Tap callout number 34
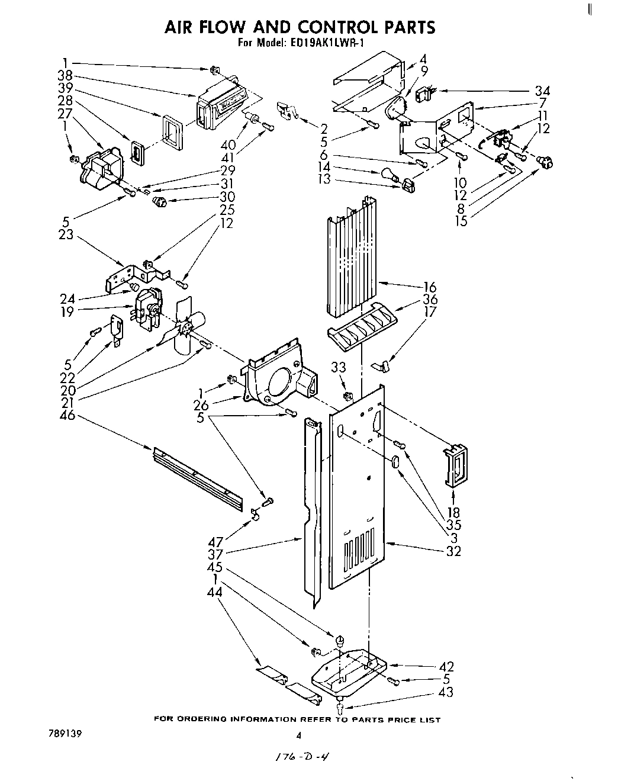coord(542,91)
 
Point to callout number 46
coord(67,415)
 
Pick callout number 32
coord(453,551)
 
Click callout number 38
coord(66,75)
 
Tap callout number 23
coord(66,234)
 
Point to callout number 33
coord(338,367)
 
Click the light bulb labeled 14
coord(387,175)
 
